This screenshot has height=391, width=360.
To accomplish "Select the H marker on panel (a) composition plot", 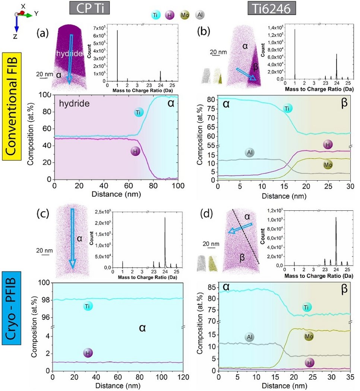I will pyautogui.click(x=136, y=151).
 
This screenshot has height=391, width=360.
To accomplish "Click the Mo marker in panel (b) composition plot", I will pyautogui.click(x=328, y=164).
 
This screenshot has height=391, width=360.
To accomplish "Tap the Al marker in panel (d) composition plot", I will pyautogui.click(x=250, y=337).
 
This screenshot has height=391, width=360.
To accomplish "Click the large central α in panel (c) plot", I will pyautogui.click(x=142, y=327).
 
